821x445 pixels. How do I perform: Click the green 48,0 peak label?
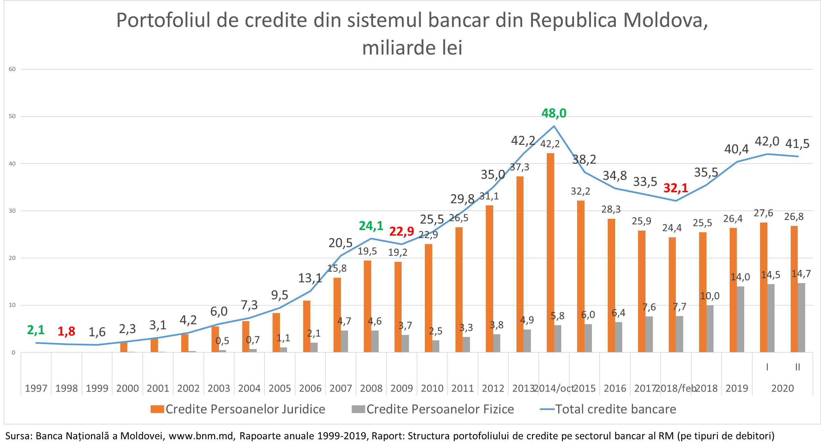[554, 113]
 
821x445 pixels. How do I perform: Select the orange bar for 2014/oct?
[550, 252]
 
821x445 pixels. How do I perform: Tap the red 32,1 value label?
[675, 188]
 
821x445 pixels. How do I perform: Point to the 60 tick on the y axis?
[12, 69]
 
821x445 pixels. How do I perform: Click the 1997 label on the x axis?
[36, 388]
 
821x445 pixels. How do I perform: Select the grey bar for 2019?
[740, 319]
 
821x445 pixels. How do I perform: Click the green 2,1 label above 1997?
[36, 330]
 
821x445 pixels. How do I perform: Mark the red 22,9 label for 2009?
[402, 231]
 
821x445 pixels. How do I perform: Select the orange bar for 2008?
[368, 306]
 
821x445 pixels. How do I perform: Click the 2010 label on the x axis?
[432, 388]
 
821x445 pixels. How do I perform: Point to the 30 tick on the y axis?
[12, 211]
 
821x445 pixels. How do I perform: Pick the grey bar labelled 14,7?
[801, 317]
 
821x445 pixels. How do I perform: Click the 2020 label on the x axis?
[783, 388]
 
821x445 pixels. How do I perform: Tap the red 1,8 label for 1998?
[66, 332]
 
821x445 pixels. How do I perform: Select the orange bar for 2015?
[581, 276]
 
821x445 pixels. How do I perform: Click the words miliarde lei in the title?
[412, 48]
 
